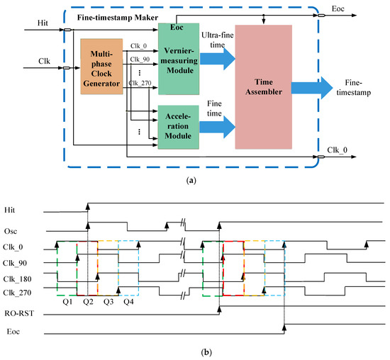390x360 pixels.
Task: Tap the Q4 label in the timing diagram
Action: point(128,301)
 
